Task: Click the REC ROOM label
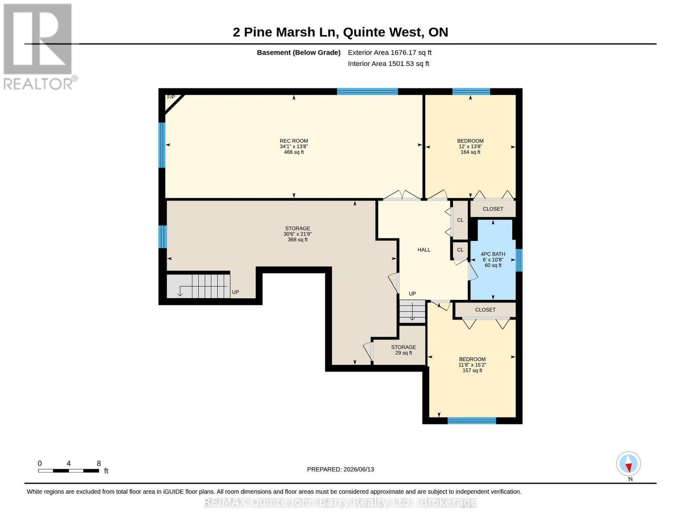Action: coord(294,146)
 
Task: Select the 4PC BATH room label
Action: coord(492,259)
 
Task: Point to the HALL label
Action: coord(424,250)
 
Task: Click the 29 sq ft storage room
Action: coord(403,350)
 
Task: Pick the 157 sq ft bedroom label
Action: coord(472,365)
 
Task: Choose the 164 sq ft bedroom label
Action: coord(470,146)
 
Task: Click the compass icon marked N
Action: coord(628,464)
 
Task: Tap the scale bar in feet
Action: coord(69,470)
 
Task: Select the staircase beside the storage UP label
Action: coord(198,286)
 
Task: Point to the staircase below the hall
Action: coord(412,311)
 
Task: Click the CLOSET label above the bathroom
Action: coord(492,209)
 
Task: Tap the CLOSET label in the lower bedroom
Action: coord(485,310)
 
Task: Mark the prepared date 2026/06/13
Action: coord(340,469)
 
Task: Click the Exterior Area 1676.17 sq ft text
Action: coord(389,53)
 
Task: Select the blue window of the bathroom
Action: coord(519,260)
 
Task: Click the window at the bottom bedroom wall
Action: coord(472,421)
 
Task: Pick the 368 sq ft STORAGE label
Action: coord(297,234)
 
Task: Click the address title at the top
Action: coord(340,32)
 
